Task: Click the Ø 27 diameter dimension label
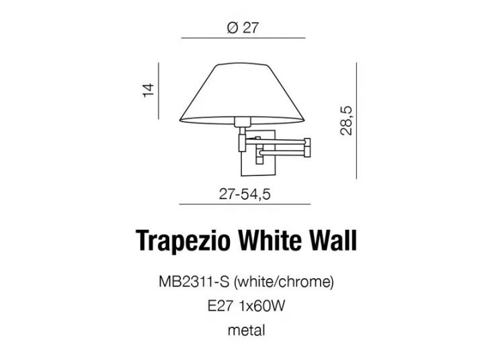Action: coord(242,28)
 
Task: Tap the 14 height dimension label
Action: coord(149,90)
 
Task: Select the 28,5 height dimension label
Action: coord(346,121)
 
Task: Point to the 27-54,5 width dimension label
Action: coord(245,194)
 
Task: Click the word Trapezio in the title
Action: coord(183,241)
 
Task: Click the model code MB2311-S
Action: coord(194,282)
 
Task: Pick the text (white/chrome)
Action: coord(284,282)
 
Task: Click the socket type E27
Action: coord(220,307)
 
